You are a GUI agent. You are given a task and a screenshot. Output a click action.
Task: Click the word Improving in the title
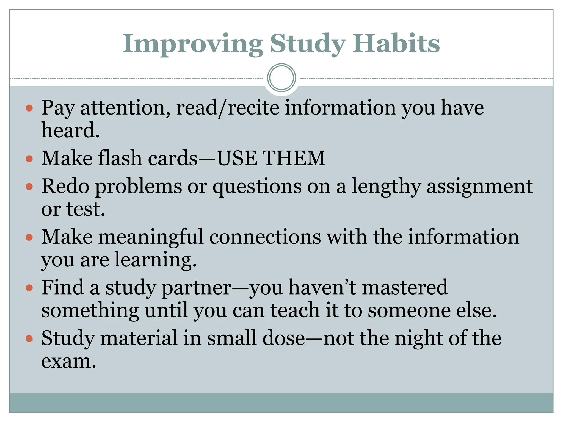click(x=192, y=44)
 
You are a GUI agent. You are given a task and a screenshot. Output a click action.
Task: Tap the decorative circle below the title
click(x=281, y=78)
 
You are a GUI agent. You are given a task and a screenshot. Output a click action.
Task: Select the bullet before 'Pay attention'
click(x=29, y=108)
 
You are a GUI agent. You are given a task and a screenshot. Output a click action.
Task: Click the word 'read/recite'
click(x=227, y=108)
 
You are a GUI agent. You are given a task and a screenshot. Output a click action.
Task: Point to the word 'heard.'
click(x=70, y=130)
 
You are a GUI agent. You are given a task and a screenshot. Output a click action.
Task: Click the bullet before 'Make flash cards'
click(x=29, y=159)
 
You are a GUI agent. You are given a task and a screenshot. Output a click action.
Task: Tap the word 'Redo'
click(x=65, y=186)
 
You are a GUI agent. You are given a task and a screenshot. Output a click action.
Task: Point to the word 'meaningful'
click(x=151, y=237)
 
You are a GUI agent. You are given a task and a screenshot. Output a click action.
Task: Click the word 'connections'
click(x=265, y=237)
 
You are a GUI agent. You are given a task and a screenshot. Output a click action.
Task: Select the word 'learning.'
click(x=155, y=260)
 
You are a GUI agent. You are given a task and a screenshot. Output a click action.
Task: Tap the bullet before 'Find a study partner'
click(x=29, y=288)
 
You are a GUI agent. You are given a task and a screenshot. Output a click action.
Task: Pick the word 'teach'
click(x=295, y=310)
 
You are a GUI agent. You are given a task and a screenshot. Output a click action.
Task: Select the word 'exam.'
click(x=69, y=361)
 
